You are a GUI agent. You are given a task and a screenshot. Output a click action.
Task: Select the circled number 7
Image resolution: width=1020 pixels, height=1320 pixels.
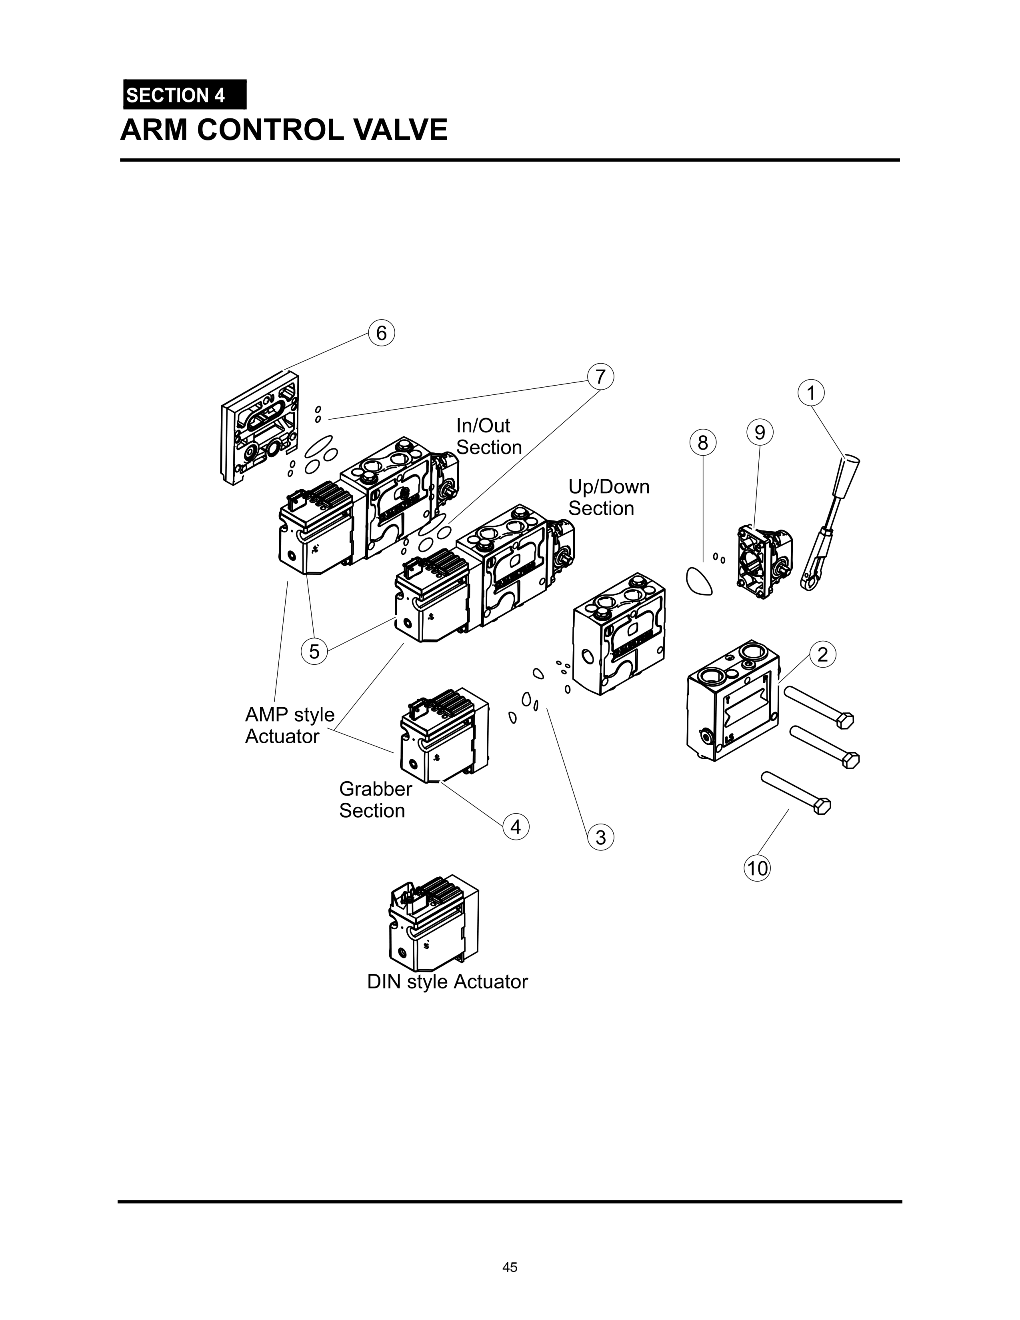(x=600, y=376)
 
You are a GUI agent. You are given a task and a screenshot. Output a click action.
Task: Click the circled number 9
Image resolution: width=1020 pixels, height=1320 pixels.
(x=760, y=433)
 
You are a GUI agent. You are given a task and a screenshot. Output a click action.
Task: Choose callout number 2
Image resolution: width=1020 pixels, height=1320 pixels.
(x=822, y=654)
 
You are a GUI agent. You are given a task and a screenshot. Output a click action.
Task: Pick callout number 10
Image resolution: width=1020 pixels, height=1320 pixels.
(x=756, y=868)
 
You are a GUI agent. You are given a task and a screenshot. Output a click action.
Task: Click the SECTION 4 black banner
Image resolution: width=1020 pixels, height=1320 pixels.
(x=184, y=95)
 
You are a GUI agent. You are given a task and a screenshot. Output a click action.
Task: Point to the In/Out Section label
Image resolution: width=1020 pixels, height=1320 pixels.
(x=488, y=436)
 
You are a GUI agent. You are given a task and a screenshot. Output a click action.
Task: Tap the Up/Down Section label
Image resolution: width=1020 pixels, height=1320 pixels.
(x=608, y=498)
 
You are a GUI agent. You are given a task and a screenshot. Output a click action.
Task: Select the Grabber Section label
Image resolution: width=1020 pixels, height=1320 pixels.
(x=375, y=800)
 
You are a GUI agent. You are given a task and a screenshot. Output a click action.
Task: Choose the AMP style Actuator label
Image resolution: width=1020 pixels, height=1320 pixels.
(x=290, y=725)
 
